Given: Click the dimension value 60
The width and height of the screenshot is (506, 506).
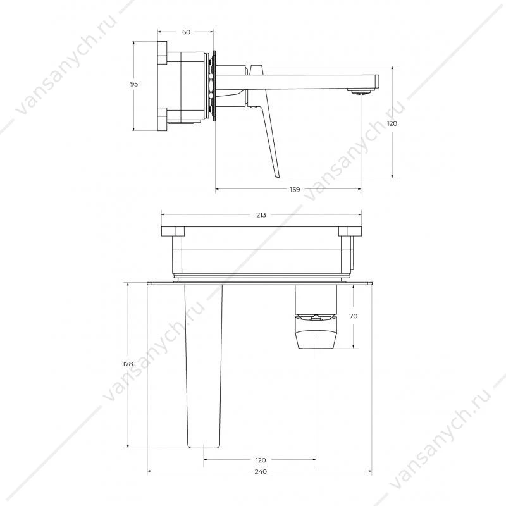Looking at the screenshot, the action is pyautogui.click(x=186, y=32).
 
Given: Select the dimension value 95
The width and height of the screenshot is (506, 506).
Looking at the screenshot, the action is pyautogui.click(x=134, y=84).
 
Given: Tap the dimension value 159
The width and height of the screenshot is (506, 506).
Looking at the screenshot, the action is pyautogui.click(x=295, y=190).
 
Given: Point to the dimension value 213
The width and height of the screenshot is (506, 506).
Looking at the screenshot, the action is pyautogui.click(x=261, y=215).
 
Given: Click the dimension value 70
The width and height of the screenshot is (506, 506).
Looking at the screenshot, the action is pyautogui.click(x=354, y=316).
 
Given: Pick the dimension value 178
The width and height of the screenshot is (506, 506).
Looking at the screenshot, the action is pyautogui.click(x=128, y=364).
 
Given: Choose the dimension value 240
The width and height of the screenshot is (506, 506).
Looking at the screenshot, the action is pyautogui.click(x=261, y=471).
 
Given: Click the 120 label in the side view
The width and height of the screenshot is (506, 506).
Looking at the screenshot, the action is pyautogui.click(x=392, y=123).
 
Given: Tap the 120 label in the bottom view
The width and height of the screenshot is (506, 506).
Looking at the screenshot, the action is pyautogui.click(x=261, y=460).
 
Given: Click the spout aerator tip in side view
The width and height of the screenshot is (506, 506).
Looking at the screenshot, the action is pyautogui.click(x=361, y=92).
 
